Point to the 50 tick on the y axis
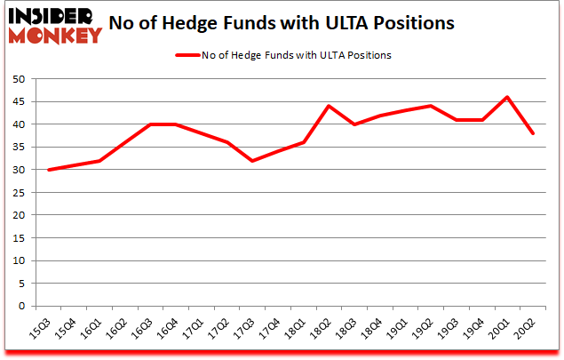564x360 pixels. (x=17, y=79)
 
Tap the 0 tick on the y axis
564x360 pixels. (x=20, y=307)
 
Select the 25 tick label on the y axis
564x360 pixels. (x=17, y=193)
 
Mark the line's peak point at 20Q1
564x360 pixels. (x=506, y=97)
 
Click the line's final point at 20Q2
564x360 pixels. (x=532, y=133)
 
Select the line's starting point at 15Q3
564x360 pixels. (x=48, y=170)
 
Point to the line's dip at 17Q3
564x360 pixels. (x=252, y=161)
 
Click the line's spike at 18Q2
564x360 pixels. (x=329, y=106)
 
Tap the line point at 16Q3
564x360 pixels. (x=150, y=124)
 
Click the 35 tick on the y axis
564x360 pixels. (x=17, y=148)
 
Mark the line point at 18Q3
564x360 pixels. (x=353, y=124)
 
